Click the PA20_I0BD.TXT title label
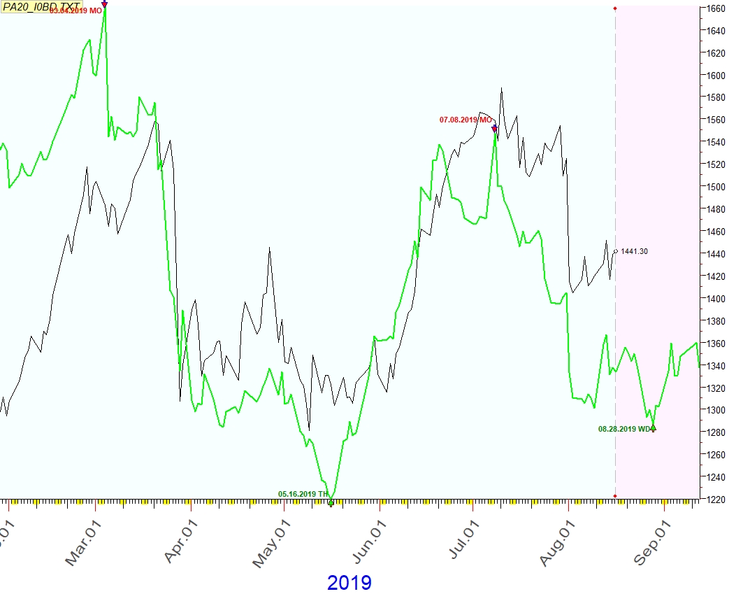click(x=41, y=6)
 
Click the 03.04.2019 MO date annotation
click(x=75, y=10)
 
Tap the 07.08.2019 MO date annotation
click(x=466, y=120)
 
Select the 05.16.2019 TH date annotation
click(x=303, y=494)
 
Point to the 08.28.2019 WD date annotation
click(x=624, y=430)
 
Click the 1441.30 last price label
click(x=634, y=251)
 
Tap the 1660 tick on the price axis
click(x=716, y=9)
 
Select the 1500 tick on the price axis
click(x=716, y=187)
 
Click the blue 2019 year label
click(x=349, y=582)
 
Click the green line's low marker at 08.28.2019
click(x=653, y=427)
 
